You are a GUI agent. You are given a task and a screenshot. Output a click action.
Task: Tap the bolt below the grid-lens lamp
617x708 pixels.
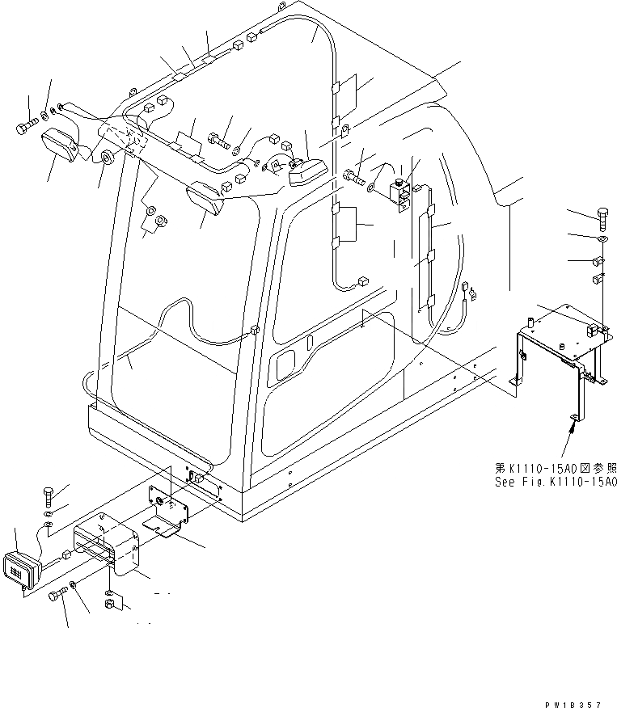[x=57, y=596]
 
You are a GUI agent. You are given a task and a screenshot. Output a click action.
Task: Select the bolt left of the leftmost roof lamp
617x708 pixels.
[x=23, y=127]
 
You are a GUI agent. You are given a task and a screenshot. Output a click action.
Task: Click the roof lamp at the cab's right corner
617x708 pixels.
[x=305, y=171]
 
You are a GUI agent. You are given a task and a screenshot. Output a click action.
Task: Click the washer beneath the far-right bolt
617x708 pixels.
[x=602, y=239]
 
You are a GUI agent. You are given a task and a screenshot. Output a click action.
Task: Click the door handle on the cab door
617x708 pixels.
[x=286, y=368]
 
